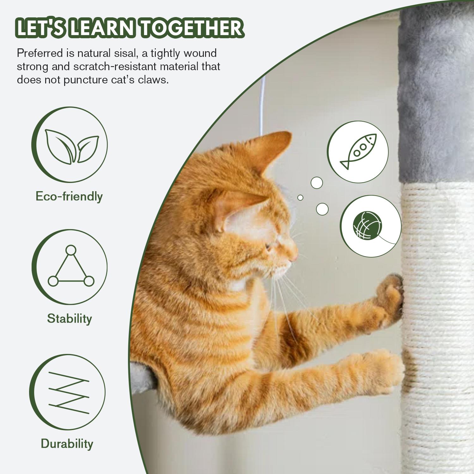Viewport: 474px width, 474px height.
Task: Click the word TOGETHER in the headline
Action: [192, 28]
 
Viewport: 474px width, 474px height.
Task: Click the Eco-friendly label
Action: [69, 196]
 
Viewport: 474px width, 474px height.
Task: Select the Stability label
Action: [69, 318]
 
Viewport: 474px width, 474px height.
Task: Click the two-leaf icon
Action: [72, 146]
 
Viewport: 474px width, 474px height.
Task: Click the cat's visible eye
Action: [269, 246]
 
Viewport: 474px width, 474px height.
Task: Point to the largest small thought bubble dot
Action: [322, 209]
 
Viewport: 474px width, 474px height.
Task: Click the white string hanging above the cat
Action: [261, 107]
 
